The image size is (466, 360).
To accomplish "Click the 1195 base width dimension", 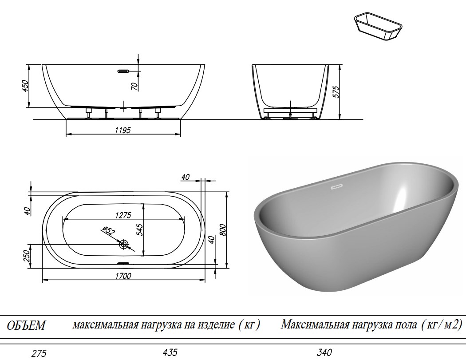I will tap(123, 129).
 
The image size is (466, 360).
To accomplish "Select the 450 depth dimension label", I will tap(25, 86).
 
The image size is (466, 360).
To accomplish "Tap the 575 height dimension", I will tap(336, 91).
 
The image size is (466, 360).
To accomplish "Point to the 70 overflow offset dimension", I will tap(134, 83).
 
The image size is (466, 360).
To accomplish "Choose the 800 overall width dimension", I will tap(223, 229).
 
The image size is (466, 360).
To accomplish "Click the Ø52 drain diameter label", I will tap(108, 232).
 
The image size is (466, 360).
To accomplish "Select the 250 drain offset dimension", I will tap(26, 256).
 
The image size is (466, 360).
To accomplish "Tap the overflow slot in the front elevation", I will tap(123, 71).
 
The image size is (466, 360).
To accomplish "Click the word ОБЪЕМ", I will tap(27, 325).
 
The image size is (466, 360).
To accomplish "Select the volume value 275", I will tap(39, 354).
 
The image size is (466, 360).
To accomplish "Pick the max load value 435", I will tap(170, 352).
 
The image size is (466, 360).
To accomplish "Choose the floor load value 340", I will tap(324, 353).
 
